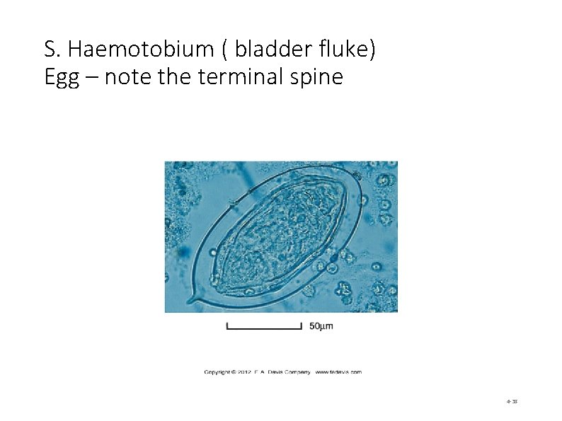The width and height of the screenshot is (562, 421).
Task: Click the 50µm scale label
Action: coord(321,326)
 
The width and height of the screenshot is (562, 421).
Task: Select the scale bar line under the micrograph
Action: coord(264,328)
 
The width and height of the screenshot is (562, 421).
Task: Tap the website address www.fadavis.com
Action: coord(338,371)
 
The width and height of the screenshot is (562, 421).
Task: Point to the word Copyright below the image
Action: coord(220,371)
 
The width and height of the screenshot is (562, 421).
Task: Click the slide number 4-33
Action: coord(512,401)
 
